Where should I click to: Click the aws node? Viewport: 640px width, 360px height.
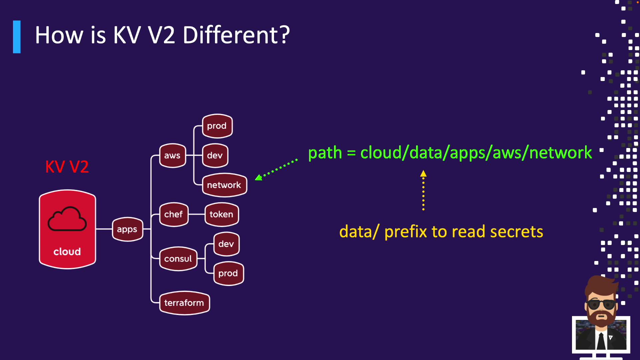coord(172,155)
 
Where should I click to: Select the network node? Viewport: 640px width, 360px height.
coord(224,185)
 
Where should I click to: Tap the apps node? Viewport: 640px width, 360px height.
coord(127,229)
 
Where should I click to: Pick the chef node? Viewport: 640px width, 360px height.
coord(174,214)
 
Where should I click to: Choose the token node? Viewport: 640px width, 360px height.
coord(222,214)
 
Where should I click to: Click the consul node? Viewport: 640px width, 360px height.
coord(178,259)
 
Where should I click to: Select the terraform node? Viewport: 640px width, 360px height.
coord(184,303)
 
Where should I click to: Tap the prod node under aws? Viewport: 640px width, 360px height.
coord(217,126)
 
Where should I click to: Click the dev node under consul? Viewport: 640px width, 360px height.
coord(226,244)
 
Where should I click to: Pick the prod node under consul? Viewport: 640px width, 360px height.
coord(228,273)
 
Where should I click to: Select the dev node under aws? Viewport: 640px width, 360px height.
coord(215,155)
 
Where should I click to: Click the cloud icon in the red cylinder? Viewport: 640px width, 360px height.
coord(67,219)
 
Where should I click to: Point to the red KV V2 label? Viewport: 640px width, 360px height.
coord(67,167)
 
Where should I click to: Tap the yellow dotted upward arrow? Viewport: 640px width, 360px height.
coord(423,190)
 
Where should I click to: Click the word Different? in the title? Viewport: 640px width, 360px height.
coord(236,35)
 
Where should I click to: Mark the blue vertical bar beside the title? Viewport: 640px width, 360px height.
coord(17,37)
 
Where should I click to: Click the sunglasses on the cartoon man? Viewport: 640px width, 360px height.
coord(601,304)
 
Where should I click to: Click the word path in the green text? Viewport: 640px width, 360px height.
coord(325,153)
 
